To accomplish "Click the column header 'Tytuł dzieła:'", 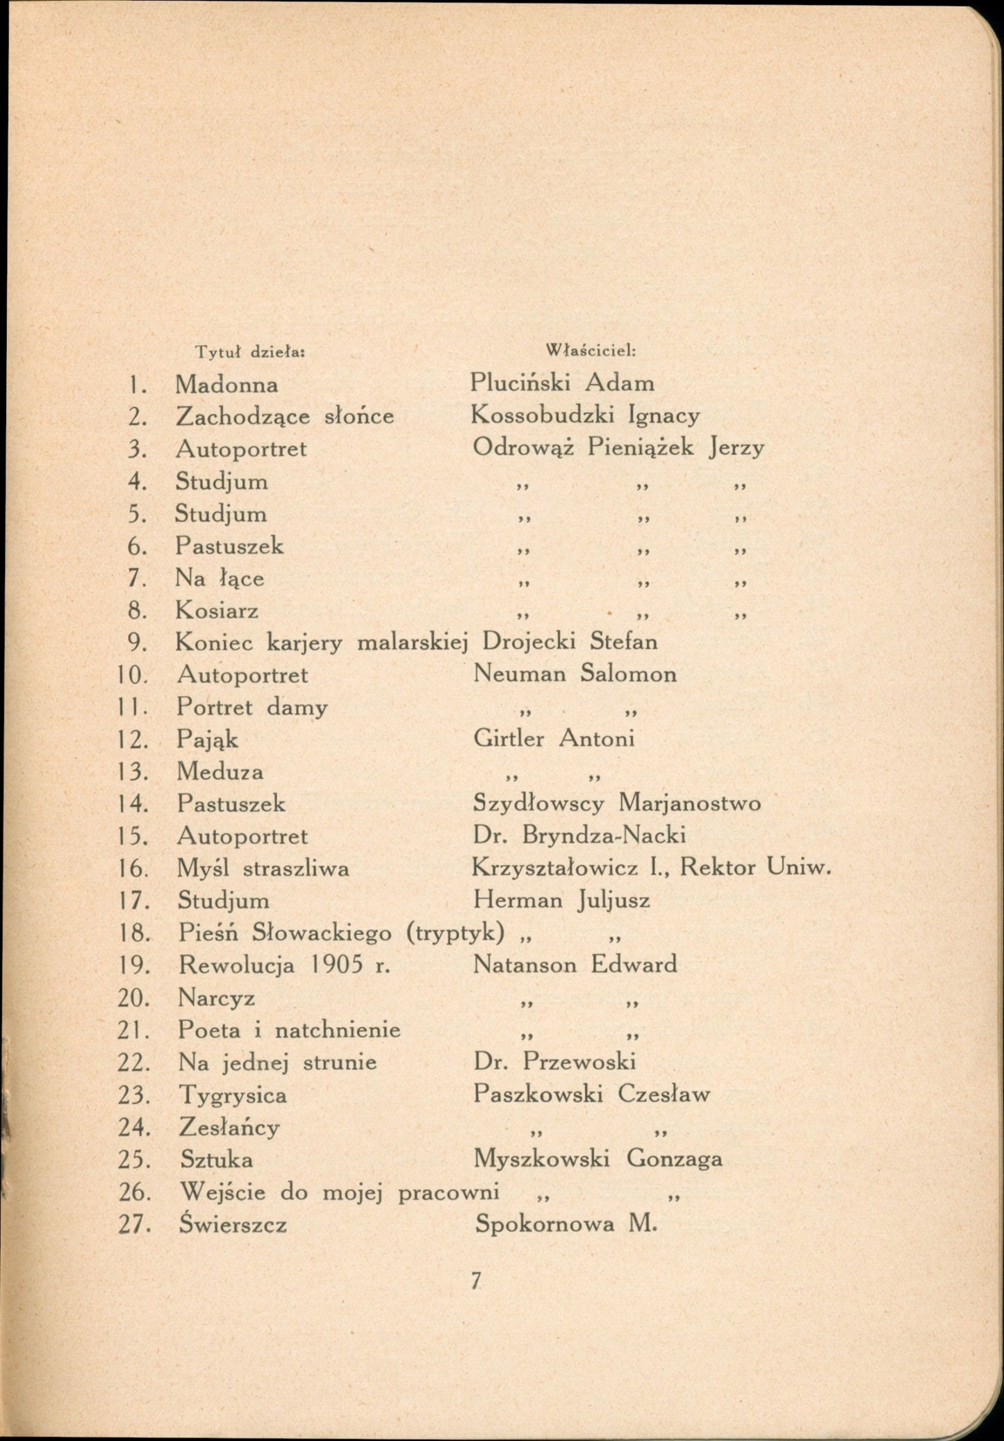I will [251, 352].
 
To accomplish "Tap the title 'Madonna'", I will [227, 384].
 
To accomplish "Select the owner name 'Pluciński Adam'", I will [561, 383].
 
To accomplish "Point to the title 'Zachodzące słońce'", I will [285, 416].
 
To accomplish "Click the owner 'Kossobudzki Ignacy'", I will [585, 415].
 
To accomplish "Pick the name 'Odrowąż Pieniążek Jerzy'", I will [618, 448].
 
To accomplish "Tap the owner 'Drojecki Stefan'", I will [570, 641].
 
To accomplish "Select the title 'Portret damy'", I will [252, 707].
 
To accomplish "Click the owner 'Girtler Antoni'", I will [554, 738].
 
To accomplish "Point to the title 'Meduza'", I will [220, 772].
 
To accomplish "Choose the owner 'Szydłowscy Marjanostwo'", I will [616, 803].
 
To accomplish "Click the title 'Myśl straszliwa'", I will [263, 868].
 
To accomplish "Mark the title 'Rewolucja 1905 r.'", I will [284, 965].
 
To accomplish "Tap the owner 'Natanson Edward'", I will [575, 965].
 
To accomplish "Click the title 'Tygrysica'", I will [233, 1095].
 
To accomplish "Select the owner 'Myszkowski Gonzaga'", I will [598, 1158].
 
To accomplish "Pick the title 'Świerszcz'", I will [233, 1224].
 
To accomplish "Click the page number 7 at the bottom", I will [476, 1281].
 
